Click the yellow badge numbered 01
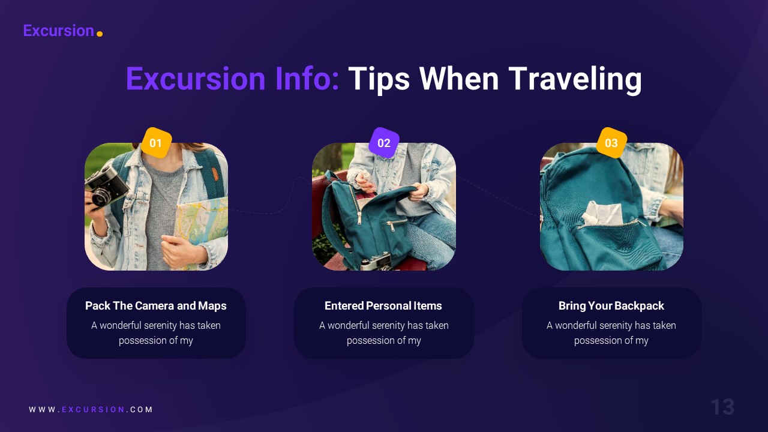coord(156,143)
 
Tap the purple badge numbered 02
coord(384,143)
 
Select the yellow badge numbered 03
coord(611,143)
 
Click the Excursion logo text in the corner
coord(58,31)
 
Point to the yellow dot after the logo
coord(100,34)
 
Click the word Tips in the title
coord(379,79)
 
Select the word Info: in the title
coord(307,79)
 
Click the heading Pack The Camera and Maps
coord(156,306)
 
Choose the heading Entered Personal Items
coord(383,306)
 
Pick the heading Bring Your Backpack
coord(611,306)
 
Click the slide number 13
coord(722,407)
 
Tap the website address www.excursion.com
coord(91,410)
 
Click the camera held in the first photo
coord(106,186)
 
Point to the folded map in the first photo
coord(202,222)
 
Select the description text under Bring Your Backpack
coord(611,333)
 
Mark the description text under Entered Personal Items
coord(383,333)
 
